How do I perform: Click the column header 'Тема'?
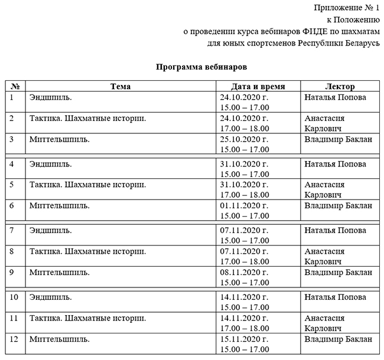(x=120, y=87)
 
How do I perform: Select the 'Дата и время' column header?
(x=258, y=87)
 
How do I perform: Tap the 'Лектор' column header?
(x=340, y=87)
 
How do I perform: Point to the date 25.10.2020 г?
(x=244, y=139)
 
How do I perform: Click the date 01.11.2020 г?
(x=244, y=205)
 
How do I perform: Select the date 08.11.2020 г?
(x=244, y=272)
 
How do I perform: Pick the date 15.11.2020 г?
(x=244, y=339)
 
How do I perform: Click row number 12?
(x=15, y=339)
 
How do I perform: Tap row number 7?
(x=12, y=230)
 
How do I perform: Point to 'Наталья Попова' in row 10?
(x=335, y=296)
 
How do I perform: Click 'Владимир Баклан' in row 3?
(x=338, y=139)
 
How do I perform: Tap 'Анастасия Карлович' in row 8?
(x=324, y=256)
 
